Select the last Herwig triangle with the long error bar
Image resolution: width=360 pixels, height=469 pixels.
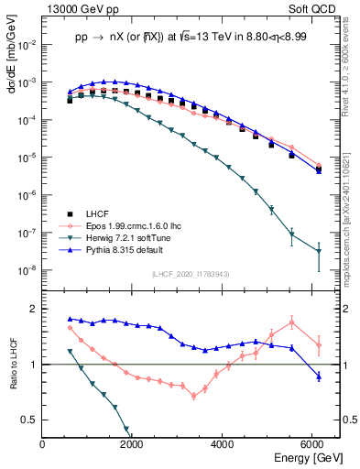click(x=318, y=251)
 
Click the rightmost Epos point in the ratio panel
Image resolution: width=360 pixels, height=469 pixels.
click(x=318, y=345)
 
